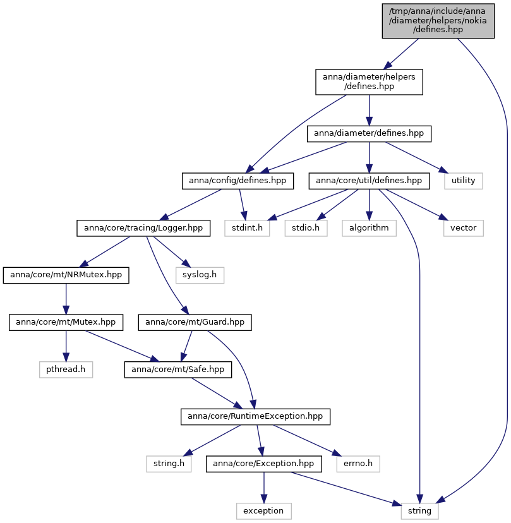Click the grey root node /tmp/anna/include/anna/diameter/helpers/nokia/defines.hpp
point(438,21)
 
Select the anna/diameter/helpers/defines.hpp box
point(369,82)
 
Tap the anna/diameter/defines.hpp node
point(369,134)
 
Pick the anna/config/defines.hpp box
point(237,181)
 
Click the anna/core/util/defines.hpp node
point(369,181)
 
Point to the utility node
point(463,181)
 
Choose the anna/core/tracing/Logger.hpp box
point(143,228)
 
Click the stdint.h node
point(247,228)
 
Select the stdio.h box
point(306,228)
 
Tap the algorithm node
point(369,228)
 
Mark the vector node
point(463,228)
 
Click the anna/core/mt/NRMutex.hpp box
point(66,275)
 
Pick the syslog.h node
point(200,275)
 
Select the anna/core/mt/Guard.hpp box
point(195,323)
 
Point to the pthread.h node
point(66,370)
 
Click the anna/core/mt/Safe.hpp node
point(177,370)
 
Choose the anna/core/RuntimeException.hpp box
point(255,417)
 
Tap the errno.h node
point(358,464)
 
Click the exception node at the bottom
point(264,512)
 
